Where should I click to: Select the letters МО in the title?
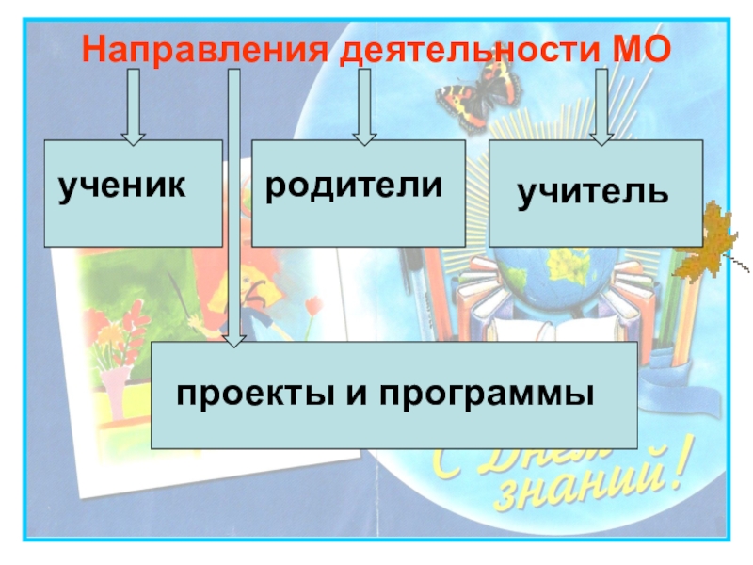point(638,47)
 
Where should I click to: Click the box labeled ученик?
point(133,193)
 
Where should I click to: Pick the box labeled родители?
point(358,193)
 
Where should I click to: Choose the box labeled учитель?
point(595,193)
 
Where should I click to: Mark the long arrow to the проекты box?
point(234,207)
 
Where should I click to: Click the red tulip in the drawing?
point(313,305)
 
